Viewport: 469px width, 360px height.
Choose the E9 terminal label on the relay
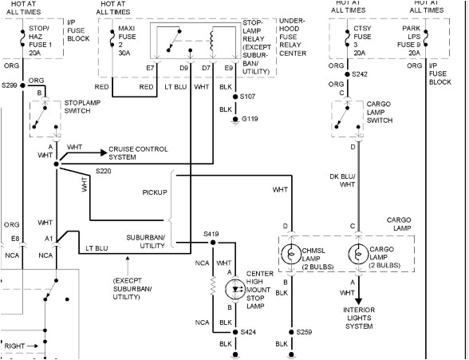point(229,69)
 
